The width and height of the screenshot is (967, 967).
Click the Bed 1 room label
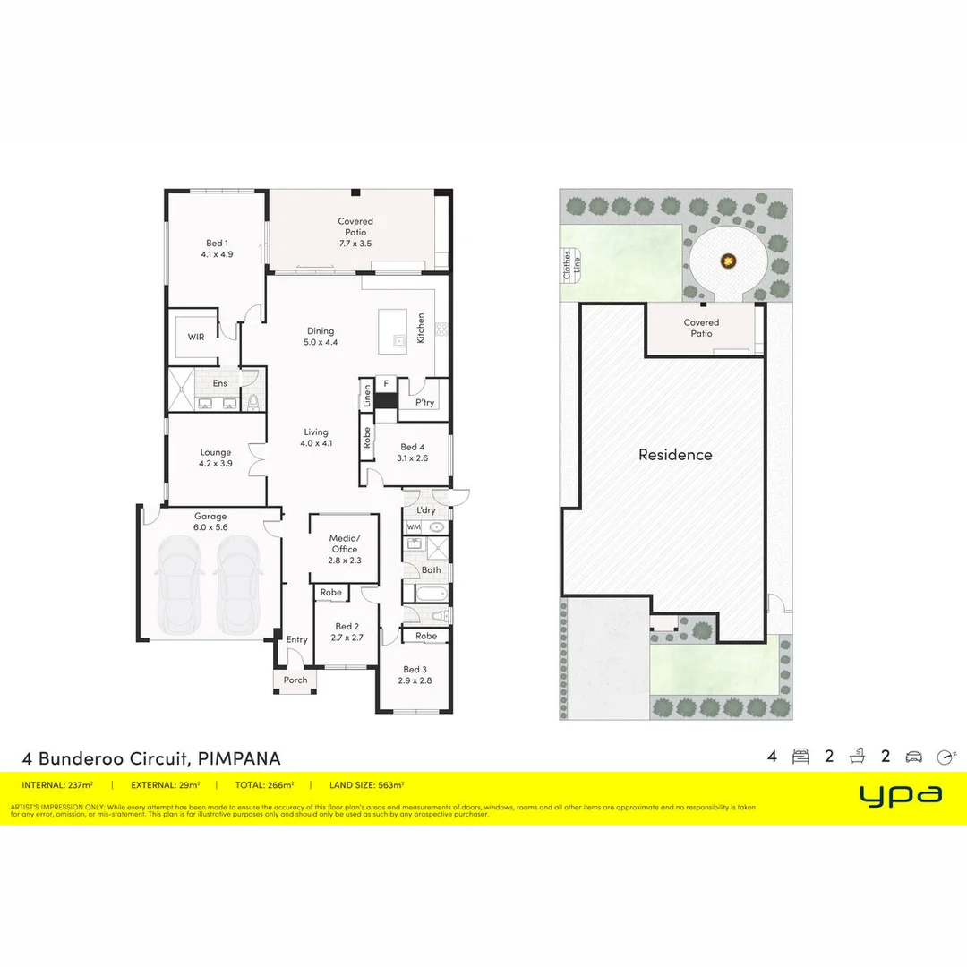point(217,248)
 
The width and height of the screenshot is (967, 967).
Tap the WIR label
point(196,337)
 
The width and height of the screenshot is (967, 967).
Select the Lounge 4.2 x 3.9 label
point(216,458)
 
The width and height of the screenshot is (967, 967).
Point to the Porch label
point(295,680)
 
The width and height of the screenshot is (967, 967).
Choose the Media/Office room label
point(344,549)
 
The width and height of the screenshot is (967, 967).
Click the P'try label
point(424,403)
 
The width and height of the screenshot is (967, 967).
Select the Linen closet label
point(367,395)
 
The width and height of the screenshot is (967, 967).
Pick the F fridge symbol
point(386,383)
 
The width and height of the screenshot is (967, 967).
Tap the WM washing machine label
point(414,527)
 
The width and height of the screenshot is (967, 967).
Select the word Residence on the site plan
point(675,455)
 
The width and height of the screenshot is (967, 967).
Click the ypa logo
point(900,793)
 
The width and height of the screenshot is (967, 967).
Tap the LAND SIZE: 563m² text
point(368,785)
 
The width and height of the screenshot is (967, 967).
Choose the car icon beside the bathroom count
point(913,757)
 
